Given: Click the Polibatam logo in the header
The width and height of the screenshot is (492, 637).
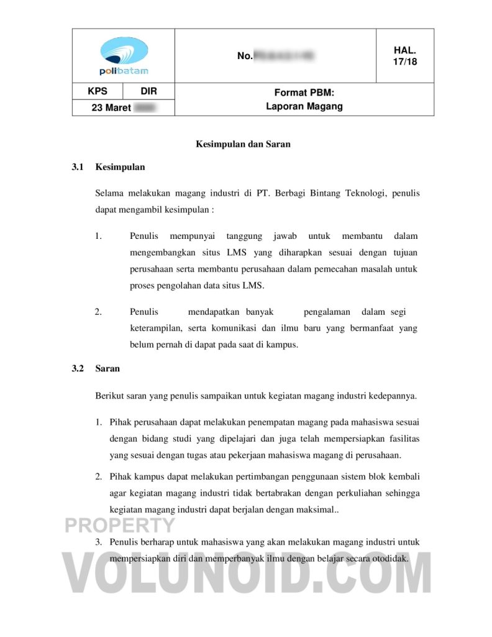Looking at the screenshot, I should tap(124, 55).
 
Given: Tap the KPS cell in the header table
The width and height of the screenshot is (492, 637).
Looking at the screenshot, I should tap(98, 91).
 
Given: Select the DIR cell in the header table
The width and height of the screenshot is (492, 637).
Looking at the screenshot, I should tap(149, 91).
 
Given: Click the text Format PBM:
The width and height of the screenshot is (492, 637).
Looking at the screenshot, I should tap(304, 93).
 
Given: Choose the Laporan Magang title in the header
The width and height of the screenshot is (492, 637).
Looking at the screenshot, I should tap(304, 106).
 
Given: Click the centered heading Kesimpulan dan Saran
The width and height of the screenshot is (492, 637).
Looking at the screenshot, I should tap(244, 144).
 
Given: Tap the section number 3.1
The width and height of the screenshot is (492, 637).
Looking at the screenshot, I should tap(78, 167).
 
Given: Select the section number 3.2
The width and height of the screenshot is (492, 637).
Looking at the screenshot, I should tap(78, 368).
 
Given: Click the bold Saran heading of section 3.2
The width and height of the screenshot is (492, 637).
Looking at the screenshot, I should tap(107, 368).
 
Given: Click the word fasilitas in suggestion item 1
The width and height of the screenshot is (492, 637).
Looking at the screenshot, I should tap(403, 439).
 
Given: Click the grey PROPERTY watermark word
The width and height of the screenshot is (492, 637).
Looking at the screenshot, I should tap(121, 526).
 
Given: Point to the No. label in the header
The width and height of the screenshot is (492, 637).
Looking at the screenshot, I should tap(244, 57).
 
